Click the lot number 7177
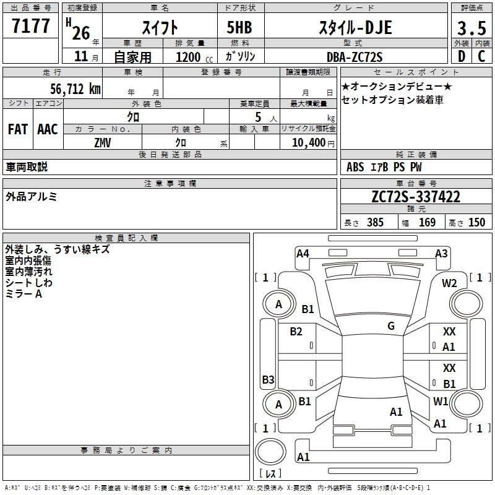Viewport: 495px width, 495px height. point(30,26)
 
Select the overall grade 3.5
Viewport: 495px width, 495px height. point(471,28)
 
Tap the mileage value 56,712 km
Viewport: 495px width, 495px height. point(75,89)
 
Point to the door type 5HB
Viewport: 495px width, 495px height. point(239,27)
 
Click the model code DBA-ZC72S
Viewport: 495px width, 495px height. point(355,57)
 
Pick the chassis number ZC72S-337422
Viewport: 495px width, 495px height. point(416,197)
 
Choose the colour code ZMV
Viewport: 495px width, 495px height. point(103,143)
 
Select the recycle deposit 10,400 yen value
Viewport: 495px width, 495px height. point(313,143)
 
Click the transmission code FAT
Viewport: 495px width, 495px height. point(18,129)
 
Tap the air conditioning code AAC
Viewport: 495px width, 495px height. point(48,129)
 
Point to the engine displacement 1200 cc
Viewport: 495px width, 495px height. point(194,57)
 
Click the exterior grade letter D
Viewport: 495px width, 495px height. point(462,56)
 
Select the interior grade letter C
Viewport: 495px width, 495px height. point(481,56)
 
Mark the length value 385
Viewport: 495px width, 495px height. point(375,222)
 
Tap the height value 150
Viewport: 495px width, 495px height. point(476,222)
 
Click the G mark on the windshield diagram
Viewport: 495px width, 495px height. point(391,325)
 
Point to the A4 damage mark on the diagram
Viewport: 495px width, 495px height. point(303,254)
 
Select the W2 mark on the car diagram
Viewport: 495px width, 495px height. point(449,283)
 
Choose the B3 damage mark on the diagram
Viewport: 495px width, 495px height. point(269,379)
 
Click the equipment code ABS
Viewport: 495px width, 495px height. point(355,167)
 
